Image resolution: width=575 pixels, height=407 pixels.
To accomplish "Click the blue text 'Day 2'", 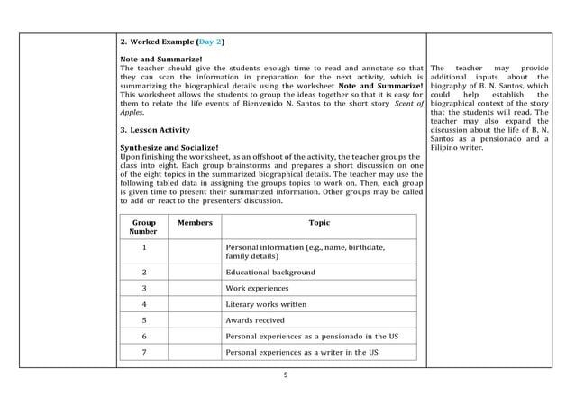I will [211, 42].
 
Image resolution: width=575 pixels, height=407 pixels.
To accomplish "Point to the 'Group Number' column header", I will [143, 226].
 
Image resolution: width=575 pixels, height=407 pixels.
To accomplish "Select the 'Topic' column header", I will [319, 221].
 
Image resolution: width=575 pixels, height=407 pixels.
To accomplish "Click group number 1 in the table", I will [144, 247].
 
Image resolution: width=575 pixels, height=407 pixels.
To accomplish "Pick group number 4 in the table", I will [144, 304].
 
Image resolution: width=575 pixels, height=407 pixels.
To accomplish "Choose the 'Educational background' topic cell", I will [269, 272].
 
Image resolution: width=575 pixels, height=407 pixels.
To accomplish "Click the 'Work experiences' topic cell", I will [257, 289].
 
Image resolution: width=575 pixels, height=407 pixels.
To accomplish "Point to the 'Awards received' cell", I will [255, 319].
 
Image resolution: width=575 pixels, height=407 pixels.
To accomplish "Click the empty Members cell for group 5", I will [195, 319].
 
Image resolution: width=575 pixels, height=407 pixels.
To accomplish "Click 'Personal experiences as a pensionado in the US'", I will [313, 336].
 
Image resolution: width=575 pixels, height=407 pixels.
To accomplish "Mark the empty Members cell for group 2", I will [195, 272].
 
